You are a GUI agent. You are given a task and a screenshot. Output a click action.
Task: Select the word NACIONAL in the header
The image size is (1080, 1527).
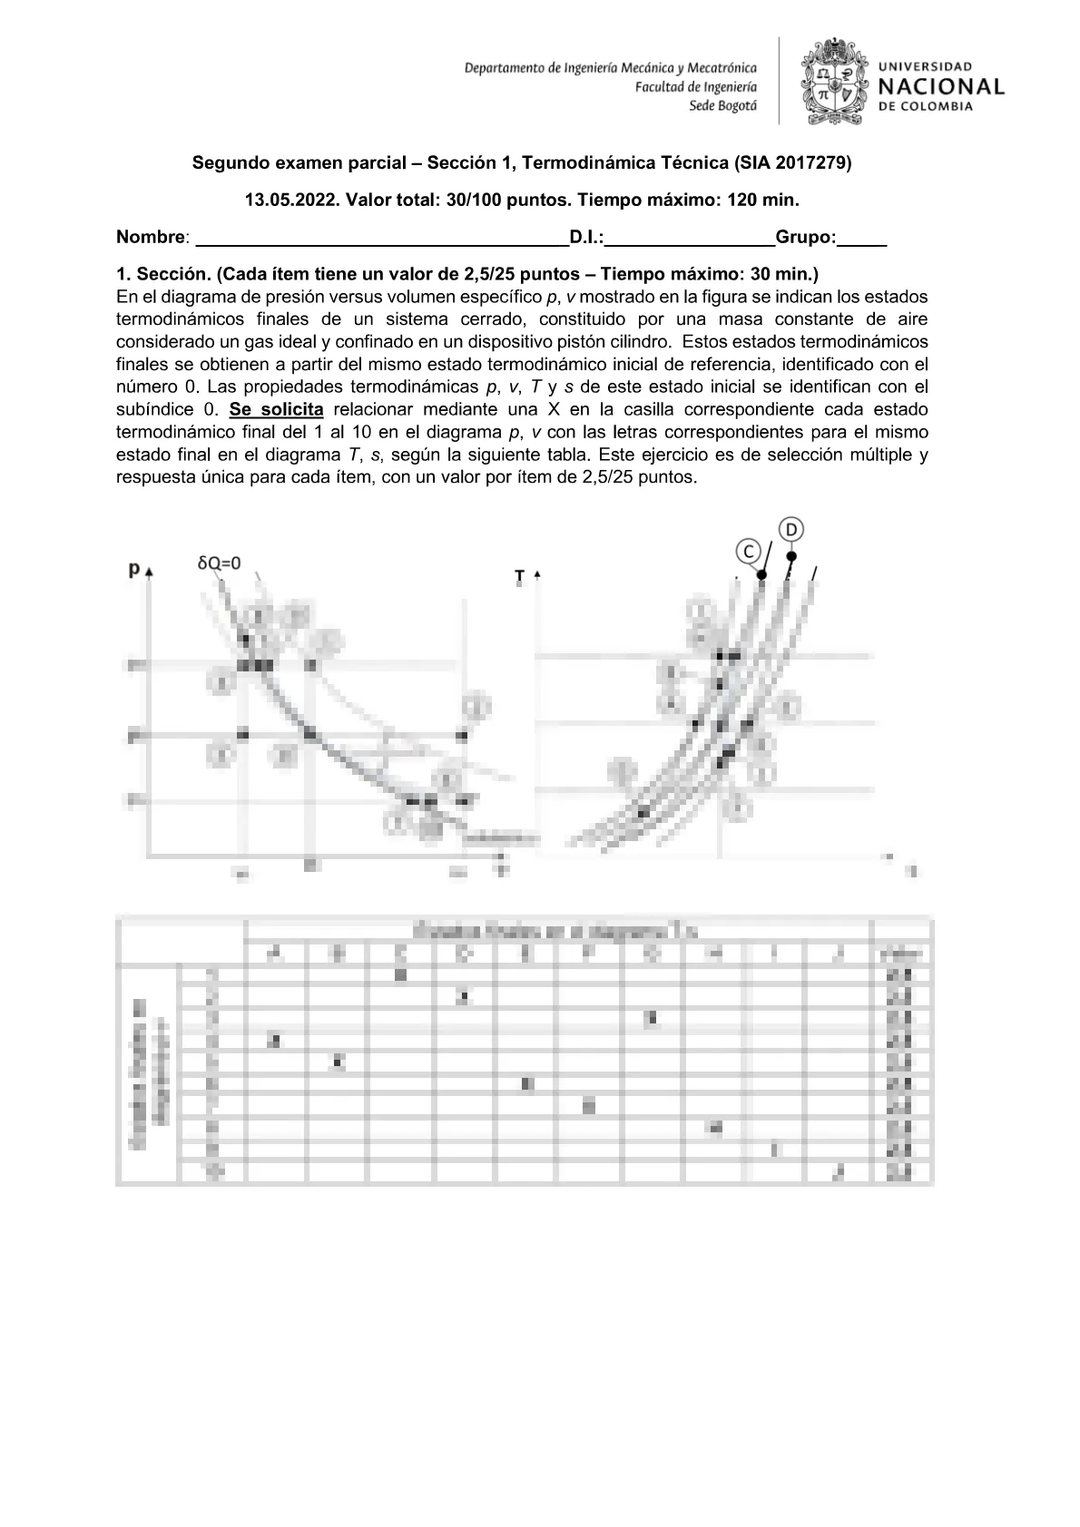[x=941, y=87]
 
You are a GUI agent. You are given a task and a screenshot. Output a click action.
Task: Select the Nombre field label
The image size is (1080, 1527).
[x=151, y=238]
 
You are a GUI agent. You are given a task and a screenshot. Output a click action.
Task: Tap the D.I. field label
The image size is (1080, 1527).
[x=586, y=238]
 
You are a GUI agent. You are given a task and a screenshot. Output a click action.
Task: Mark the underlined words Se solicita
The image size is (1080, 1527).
[x=277, y=409]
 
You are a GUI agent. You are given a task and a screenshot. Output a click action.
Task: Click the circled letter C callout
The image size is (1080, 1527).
[x=747, y=551]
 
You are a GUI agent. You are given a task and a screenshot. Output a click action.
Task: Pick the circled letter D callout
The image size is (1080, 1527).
[x=791, y=529]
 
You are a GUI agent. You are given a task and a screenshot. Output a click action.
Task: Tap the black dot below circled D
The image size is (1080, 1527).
[x=791, y=556]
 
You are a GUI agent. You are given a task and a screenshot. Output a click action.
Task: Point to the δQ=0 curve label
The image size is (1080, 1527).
[x=220, y=563]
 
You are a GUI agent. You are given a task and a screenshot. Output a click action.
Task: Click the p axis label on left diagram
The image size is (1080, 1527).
[x=134, y=570]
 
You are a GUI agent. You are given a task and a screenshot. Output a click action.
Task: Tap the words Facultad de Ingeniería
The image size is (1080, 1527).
[x=695, y=87]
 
